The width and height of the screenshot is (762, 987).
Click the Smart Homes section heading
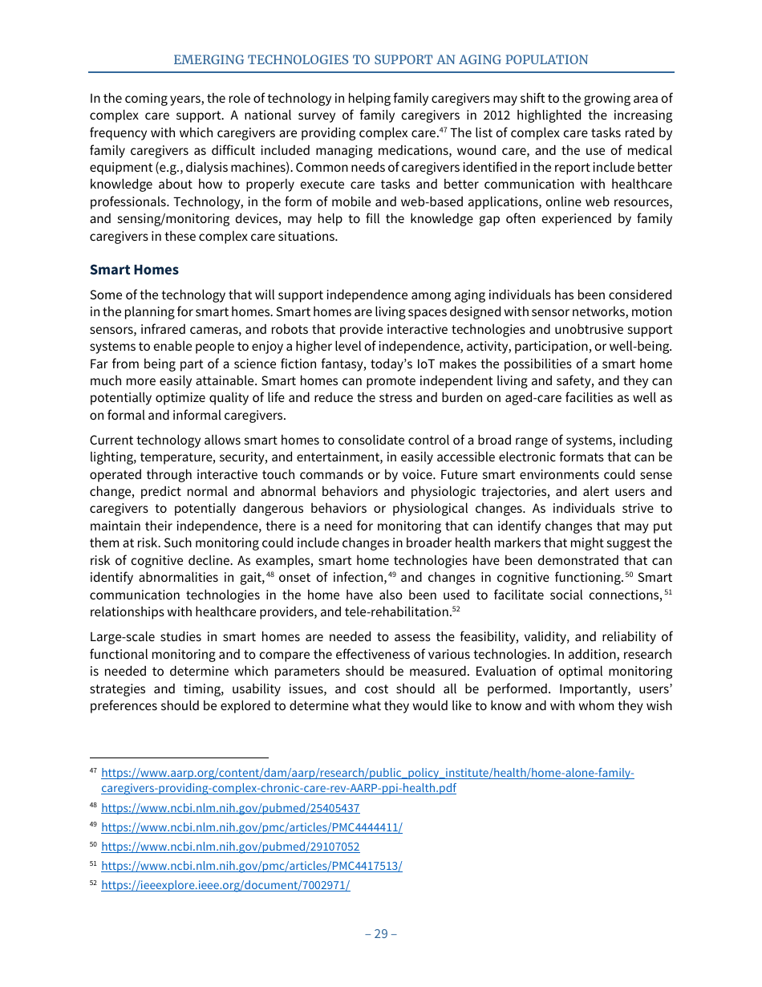[134, 269]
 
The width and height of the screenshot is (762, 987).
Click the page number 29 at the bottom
[380, 933]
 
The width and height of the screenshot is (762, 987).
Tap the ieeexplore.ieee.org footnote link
[225, 885]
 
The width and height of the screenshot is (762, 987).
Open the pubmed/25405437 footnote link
[230, 808]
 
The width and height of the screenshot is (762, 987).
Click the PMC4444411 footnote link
[252, 827]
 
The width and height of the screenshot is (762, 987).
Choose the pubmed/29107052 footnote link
[230, 847]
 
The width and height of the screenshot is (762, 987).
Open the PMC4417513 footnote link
[252, 866]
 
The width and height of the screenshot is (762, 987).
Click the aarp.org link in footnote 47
[367, 773]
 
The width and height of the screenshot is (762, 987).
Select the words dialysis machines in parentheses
[245, 167]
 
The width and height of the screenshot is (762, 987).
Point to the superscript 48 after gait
[270, 574]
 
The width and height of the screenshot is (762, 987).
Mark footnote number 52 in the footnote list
[93, 884]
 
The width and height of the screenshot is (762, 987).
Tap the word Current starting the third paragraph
[112, 440]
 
